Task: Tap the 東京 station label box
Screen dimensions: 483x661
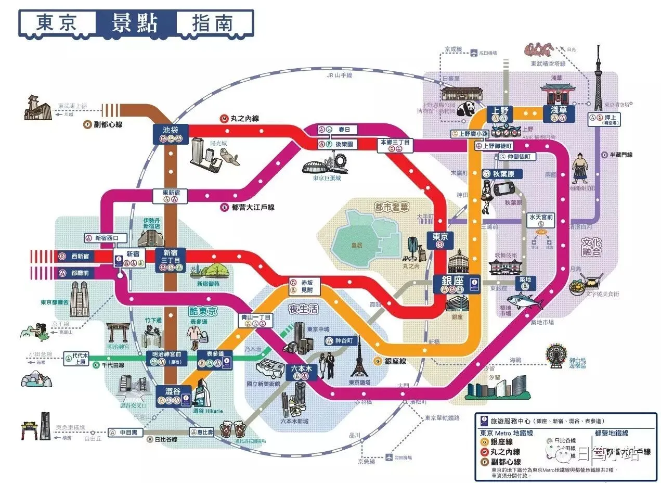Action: pyautogui.click(x=440, y=239)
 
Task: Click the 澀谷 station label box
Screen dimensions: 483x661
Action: pyautogui.click(x=170, y=396)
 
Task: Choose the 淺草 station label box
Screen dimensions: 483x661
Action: pyautogui.click(x=559, y=114)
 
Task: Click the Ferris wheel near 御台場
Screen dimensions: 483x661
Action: pyautogui.click(x=556, y=357)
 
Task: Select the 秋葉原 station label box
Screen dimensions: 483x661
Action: pyautogui.click(x=502, y=174)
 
